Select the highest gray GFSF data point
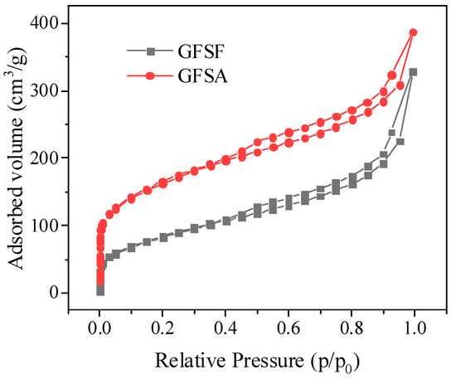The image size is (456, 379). point(413,72)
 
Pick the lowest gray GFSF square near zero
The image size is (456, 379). point(100,291)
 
